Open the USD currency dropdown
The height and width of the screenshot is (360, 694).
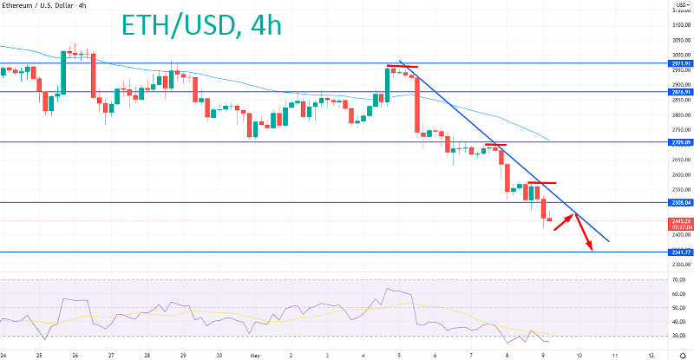pos(680,4)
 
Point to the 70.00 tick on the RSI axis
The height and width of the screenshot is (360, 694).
pos(678,279)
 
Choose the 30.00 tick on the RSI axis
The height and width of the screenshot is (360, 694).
pos(678,335)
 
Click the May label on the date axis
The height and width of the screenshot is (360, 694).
pos(253,354)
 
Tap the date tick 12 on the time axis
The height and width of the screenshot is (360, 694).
pos(651,354)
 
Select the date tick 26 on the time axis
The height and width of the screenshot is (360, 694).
pos(75,354)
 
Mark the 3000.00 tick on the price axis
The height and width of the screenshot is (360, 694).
pos(680,55)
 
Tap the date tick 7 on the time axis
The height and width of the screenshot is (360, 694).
pos(470,354)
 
